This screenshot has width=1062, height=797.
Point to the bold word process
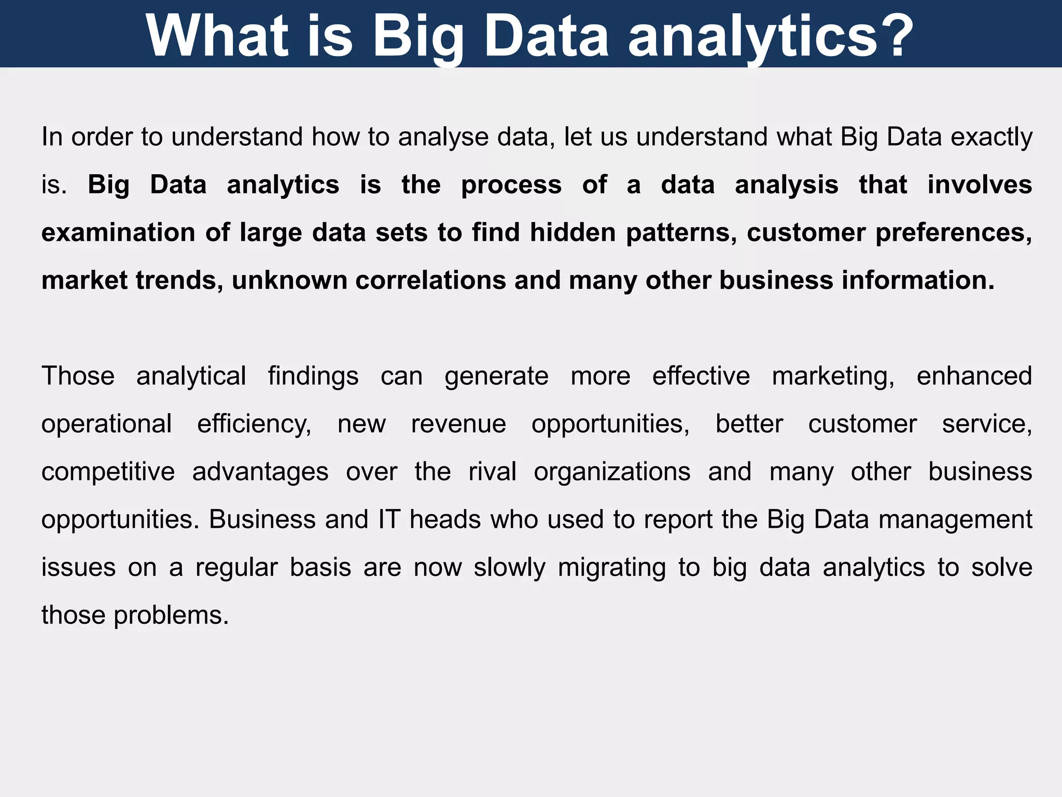(511, 185)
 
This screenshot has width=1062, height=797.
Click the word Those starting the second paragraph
(78, 376)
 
